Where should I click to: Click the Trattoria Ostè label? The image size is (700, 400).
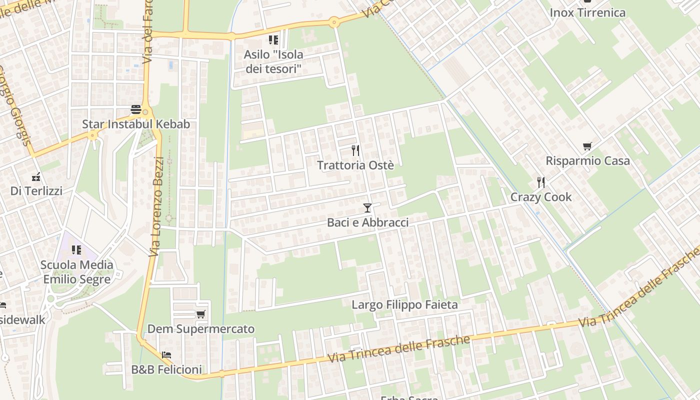click(x=355, y=165)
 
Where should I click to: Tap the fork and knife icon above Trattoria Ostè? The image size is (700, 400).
click(x=355, y=150)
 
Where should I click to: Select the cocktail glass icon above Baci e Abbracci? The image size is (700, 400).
click(x=367, y=207)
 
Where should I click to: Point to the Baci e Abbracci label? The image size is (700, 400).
click(x=367, y=222)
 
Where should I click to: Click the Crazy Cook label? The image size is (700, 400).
click(x=540, y=197)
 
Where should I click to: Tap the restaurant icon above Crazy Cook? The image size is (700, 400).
click(x=540, y=182)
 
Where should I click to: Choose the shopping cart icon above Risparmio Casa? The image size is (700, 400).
click(x=587, y=146)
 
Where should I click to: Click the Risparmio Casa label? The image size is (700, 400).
click(x=587, y=161)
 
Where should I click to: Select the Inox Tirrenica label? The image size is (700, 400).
click(x=587, y=12)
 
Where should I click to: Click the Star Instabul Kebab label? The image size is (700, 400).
click(x=136, y=124)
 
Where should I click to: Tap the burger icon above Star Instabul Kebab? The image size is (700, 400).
click(x=136, y=109)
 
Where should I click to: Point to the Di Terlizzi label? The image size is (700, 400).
click(x=36, y=191)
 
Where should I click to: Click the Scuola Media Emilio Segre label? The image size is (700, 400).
click(x=76, y=271)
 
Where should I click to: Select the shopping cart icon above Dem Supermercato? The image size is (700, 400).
click(x=201, y=314)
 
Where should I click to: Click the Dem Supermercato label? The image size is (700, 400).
click(x=201, y=329)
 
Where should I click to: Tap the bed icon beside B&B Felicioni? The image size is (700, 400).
click(x=166, y=355)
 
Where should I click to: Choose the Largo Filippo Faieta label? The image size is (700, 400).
click(x=404, y=304)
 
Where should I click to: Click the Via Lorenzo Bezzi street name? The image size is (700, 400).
click(x=157, y=206)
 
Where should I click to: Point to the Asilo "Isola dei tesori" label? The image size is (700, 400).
click(x=273, y=61)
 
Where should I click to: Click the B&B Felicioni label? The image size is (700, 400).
click(x=166, y=370)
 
